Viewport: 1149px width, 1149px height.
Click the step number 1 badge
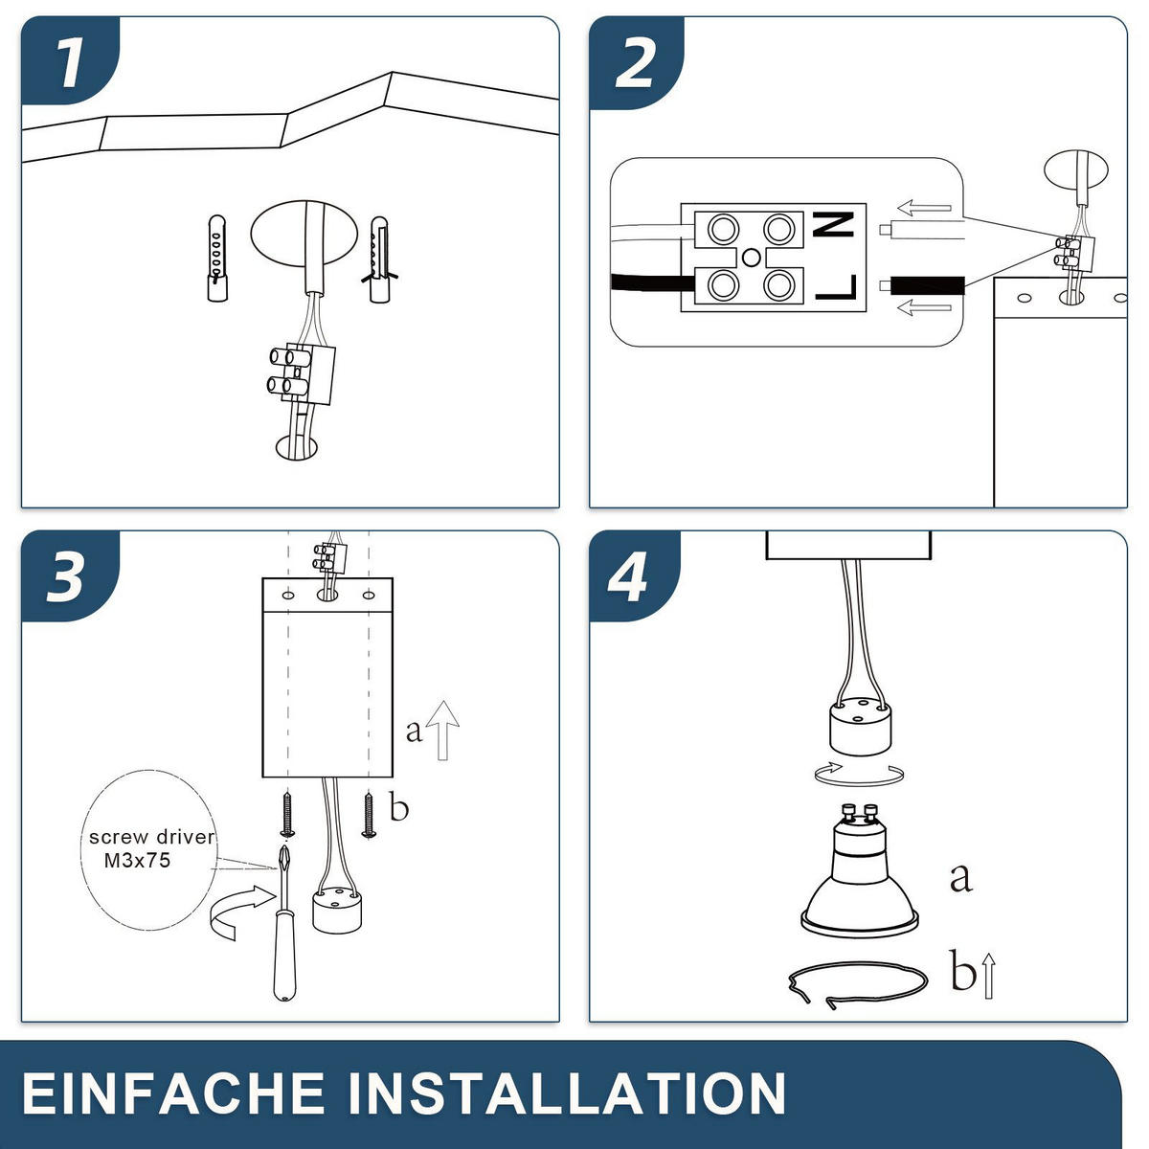pyautogui.click(x=70, y=61)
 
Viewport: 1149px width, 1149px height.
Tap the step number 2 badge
pyautogui.click(x=636, y=62)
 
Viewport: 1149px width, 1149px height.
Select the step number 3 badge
pyautogui.click(x=70, y=576)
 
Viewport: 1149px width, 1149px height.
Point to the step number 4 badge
pyautogui.click(x=635, y=576)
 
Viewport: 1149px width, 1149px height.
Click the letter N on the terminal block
pyautogui.click(x=835, y=225)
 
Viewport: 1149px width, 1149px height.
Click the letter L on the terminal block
pyautogui.click(x=836, y=287)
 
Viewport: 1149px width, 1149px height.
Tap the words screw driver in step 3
pyautogui.click(x=151, y=837)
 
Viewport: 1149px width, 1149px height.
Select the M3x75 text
pyautogui.click(x=138, y=861)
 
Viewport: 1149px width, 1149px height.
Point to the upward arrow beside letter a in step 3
pyautogui.click(x=443, y=731)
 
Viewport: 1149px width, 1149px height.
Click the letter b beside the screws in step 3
pyautogui.click(x=399, y=807)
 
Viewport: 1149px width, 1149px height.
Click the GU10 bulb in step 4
pyautogui.click(x=859, y=870)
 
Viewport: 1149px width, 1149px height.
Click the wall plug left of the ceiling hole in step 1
pyautogui.click(x=217, y=259)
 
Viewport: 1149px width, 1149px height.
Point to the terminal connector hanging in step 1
pyautogui.click(x=301, y=375)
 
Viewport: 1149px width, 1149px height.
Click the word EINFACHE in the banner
pyautogui.click(x=173, y=1093)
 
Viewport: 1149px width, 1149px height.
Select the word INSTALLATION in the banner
pyautogui.click(x=567, y=1093)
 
